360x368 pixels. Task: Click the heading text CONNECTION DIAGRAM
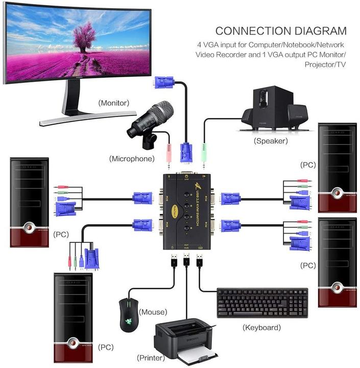tap(280, 31)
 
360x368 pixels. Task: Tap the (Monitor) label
tap(114, 103)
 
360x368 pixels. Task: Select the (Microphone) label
tap(132, 158)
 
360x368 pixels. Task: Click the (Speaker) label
tap(270, 141)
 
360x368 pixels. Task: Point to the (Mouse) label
tap(154, 312)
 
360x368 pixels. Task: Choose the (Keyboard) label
tap(261, 327)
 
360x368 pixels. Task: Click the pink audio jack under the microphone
tap(169, 153)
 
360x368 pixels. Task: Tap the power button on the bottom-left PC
tap(74, 343)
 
